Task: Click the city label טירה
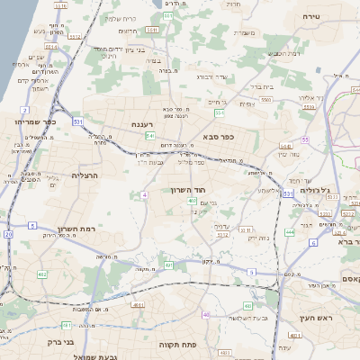pyautogui.click(x=312, y=16)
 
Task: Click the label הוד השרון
pyautogui.click(x=188, y=191)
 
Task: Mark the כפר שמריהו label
pyautogui.click(x=36, y=121)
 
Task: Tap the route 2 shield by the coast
pyautogui.click(x=32, y=225)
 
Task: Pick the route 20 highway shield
pyautogui.click(x=9, y=235)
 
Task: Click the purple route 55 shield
pyautogui.click(x=305, y=139)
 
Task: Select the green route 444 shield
pyautogui.click(x=290, y=231)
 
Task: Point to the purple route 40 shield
pyautogui.click(x=206, y=314)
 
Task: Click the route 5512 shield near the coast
pyautogui.click(x=75, y=36)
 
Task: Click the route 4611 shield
pyautogui.click(x=138, y=305)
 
